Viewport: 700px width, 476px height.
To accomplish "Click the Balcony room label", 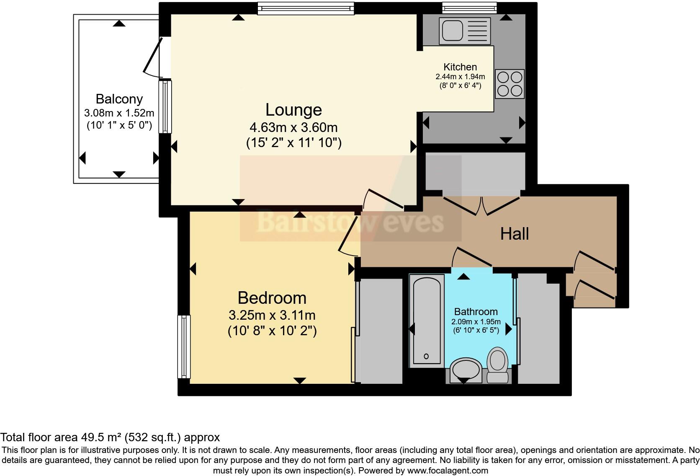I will click(x=119, y=99).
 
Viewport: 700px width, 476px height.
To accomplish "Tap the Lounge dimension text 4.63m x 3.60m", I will click(x=293, y=127).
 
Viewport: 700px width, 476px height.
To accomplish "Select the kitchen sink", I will click(x=464, y=31).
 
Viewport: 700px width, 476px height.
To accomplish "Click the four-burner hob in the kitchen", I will click(x=510, y=84).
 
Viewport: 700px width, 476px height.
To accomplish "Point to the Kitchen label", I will click(x=460, y=67).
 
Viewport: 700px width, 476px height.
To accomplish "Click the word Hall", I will click(x=514, y=234).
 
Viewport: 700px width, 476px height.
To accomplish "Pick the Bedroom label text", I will click(x=272, y=298).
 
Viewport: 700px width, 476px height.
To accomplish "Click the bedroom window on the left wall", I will click(x=184, y=347).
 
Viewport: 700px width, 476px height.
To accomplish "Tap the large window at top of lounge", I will click(x=306, y=8).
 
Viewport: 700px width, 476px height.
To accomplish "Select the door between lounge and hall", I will click(x=382, y=199).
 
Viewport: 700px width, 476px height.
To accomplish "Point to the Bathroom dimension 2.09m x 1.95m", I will click(x=476, y=322).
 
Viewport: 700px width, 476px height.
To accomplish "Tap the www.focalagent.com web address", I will click(x=448, y=471).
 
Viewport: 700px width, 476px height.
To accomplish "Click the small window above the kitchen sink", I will click(x=469, y=8).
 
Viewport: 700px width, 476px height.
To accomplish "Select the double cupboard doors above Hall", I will click(x=481, y=205).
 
